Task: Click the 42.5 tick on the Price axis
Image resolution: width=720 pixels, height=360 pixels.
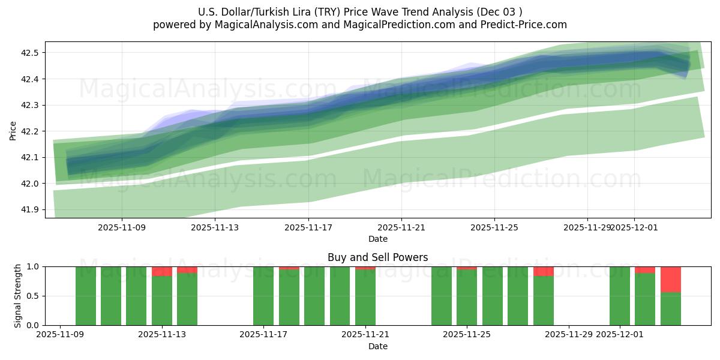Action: click(31, 53)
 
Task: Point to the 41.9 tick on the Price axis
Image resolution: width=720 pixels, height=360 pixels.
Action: click(31, 209)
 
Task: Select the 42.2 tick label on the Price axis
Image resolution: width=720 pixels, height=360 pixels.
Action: click(31, 131)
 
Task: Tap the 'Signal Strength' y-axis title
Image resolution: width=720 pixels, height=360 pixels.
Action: click(18, 296)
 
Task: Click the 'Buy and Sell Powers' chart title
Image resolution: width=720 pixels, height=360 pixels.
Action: click(377, 257)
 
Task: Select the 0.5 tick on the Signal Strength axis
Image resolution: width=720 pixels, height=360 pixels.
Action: click(33, 296)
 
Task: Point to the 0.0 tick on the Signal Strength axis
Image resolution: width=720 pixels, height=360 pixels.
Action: click(33, 325)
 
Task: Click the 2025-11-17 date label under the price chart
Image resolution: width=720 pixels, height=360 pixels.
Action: click(308, 227)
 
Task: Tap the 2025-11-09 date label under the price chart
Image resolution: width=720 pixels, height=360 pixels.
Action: click(122, 227)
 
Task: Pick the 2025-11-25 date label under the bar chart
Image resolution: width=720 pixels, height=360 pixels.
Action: click(467, 335)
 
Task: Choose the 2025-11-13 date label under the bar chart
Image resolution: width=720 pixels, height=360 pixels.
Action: click(162, 335)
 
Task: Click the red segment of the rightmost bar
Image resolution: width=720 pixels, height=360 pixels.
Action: click(670, 279)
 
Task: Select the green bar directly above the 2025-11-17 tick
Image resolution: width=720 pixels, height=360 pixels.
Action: click(263, 296)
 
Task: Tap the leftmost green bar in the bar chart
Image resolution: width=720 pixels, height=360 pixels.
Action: click(86, 296)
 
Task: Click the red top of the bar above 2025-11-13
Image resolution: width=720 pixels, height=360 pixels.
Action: click(162, 271)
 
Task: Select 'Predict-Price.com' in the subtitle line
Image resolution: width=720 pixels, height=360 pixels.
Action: click(526, 25)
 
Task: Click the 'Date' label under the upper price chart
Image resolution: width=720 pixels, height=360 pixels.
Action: click(377, 239)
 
